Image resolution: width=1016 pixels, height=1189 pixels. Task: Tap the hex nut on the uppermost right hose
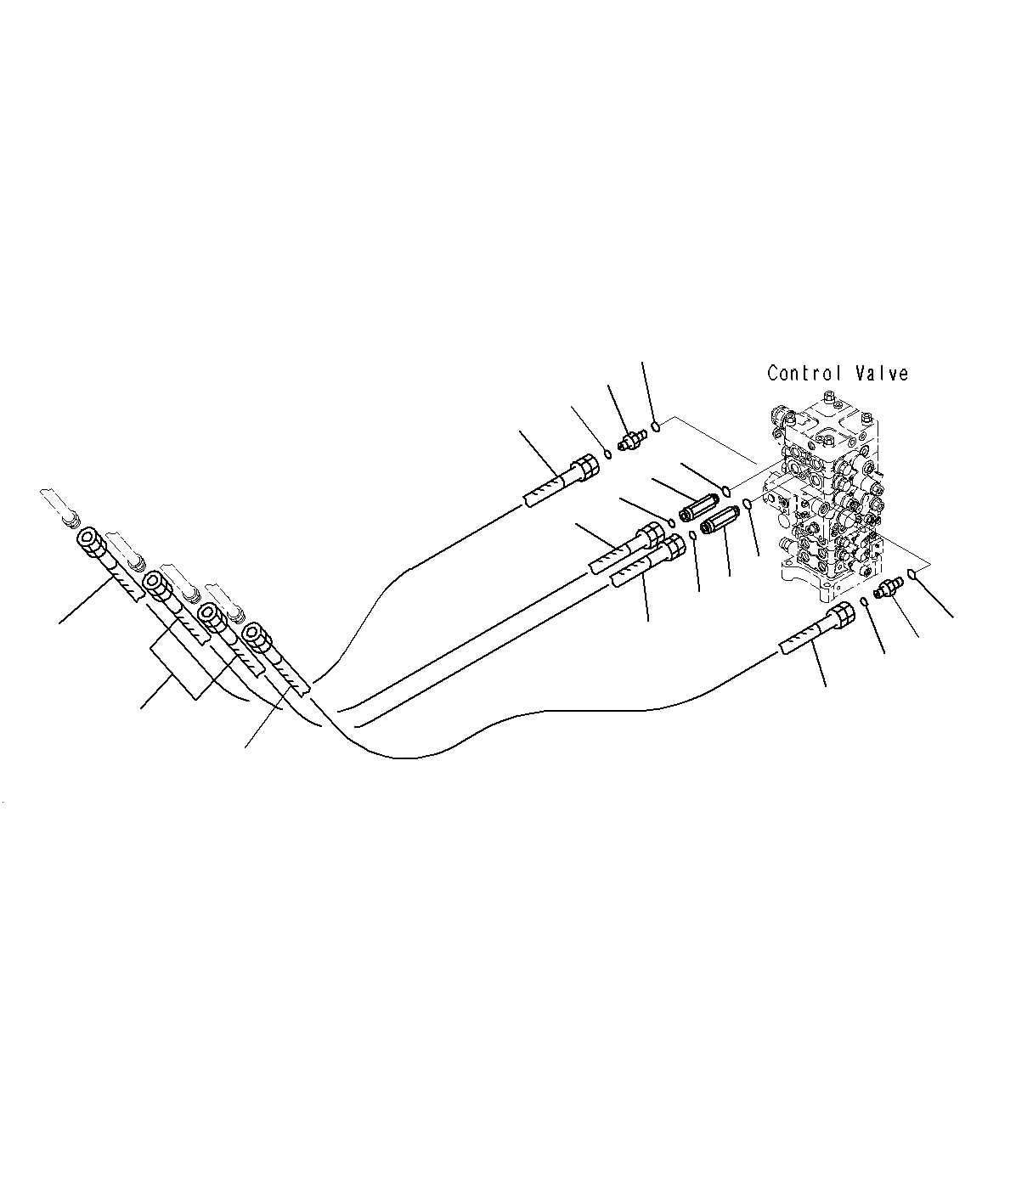click(585, 468)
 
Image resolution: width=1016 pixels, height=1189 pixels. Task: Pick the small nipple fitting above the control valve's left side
click(631, 441)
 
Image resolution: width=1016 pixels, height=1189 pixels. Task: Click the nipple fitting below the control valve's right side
click(889, 587)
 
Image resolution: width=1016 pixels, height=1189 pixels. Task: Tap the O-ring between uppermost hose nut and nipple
click(609, 453)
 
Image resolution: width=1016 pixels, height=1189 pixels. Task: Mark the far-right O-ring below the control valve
click(912, 574)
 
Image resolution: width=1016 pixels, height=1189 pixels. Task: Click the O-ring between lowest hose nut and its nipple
click(864, 601)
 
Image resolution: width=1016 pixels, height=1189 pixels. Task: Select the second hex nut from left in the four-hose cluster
click(154, 583)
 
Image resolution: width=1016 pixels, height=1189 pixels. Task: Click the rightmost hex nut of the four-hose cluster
click(253, 633)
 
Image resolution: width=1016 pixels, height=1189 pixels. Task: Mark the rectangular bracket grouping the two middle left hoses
click(179, 671)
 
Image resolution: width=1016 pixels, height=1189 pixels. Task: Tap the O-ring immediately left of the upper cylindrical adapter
click(670, 521)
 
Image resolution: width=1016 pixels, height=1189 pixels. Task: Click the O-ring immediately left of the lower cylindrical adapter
click(693, 535)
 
